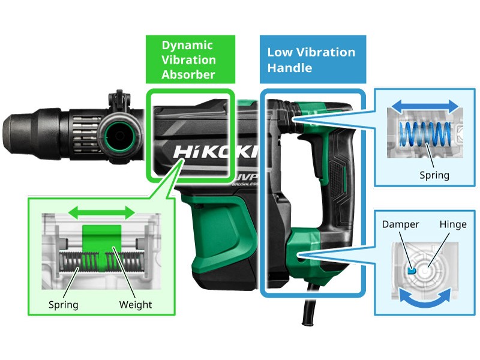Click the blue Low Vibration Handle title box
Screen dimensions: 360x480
coord(312,59)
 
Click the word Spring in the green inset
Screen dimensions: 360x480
coord(63,304)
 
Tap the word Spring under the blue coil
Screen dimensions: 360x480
coord(434,175)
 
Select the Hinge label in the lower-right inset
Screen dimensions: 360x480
coord(452,224)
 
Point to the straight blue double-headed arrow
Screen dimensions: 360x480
coord(423,107)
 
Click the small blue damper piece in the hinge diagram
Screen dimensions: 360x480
coord(411,270)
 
